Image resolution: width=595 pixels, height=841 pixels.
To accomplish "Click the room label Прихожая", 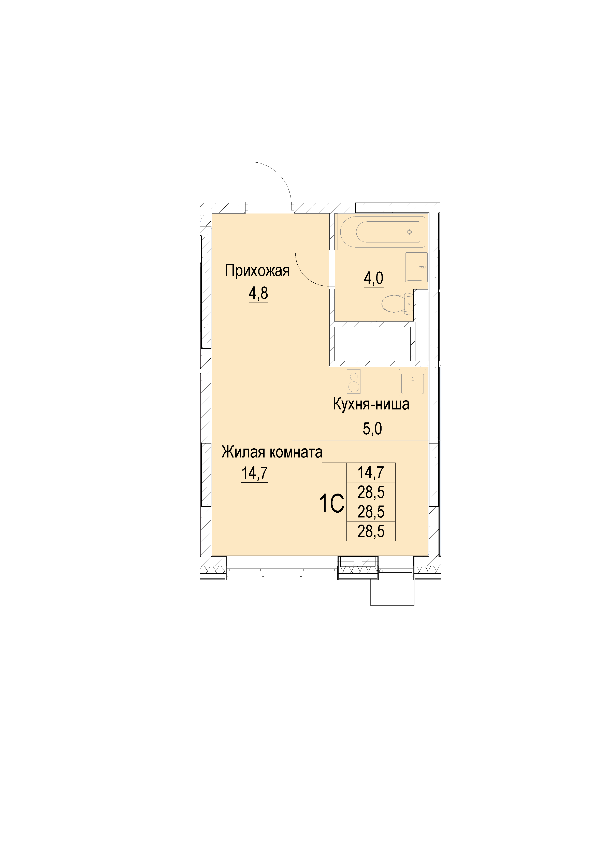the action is pos(257,271).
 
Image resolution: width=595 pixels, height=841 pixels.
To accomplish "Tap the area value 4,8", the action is pos(258,293).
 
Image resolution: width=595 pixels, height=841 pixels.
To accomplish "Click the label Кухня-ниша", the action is pos(371,404).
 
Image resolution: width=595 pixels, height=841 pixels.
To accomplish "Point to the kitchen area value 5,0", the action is pos(372,429).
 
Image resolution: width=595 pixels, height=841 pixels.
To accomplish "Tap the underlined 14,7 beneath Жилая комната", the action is pos(254,473).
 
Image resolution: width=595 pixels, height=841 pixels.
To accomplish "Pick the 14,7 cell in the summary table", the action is pos(371,472).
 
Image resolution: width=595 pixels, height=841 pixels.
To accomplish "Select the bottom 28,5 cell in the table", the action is pos(371,531).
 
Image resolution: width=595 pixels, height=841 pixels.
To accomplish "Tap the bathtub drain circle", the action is pos(410,232).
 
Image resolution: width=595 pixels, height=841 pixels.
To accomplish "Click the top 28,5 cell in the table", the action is pos(371,492).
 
